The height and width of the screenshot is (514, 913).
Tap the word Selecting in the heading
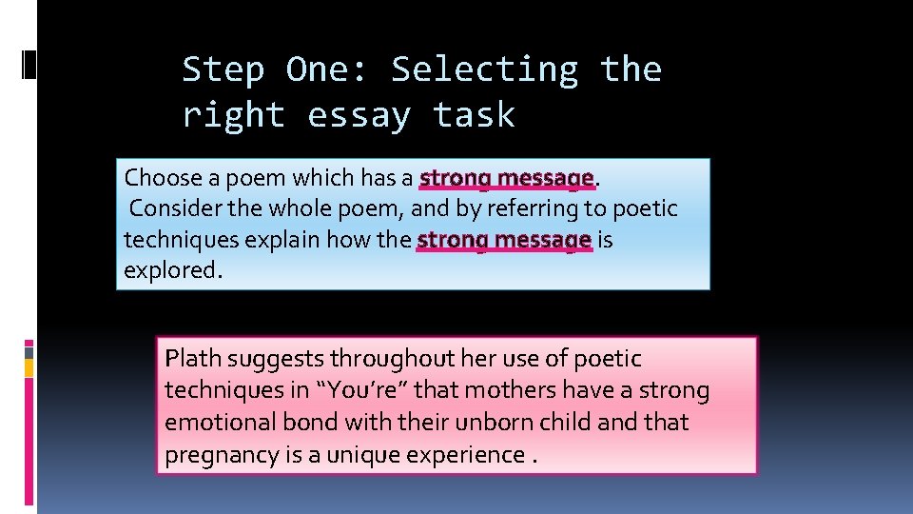(485, 70)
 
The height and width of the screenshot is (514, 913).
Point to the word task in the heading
(474, 116)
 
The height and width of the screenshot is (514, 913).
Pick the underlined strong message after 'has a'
(506, 178)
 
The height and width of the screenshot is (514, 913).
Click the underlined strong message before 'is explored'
(504, 240)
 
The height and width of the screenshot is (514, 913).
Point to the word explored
(171, 270)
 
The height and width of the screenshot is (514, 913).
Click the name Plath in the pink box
(192, 359)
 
